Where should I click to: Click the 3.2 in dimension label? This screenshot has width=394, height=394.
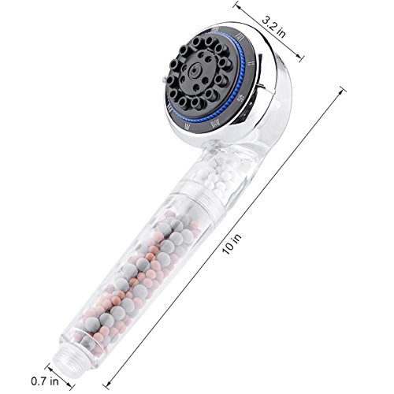(273, 28)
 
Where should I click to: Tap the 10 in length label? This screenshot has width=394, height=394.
(232, 243)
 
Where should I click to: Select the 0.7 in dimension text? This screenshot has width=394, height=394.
(45, 381)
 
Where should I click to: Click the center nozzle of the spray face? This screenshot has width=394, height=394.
(195, 70)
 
